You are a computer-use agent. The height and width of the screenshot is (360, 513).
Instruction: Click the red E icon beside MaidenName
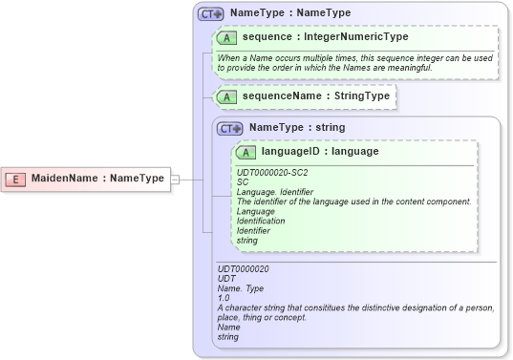[15, 179]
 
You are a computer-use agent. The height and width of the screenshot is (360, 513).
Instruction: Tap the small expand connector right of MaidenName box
[175, 179]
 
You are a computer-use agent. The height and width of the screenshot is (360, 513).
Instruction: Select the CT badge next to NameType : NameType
[210, 14]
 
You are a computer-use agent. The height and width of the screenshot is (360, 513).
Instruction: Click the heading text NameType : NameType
[290, 13]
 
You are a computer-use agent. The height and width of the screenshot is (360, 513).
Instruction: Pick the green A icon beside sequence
[227, 37]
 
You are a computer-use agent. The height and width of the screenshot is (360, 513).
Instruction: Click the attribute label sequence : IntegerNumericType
[325, 37]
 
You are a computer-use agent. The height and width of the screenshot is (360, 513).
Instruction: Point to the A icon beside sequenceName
[227, 96]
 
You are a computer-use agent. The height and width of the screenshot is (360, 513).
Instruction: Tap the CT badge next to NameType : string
[230, 128]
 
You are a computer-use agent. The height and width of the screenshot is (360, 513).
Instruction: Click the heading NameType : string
[296, 127]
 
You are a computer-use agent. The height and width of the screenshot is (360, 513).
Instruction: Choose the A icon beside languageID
[246, 152]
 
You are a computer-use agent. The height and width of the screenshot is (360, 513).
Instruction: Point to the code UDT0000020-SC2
[272, 173]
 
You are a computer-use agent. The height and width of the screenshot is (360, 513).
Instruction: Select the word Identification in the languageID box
[261, 221]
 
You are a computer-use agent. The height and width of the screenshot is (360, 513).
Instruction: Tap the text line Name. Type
[243, 288]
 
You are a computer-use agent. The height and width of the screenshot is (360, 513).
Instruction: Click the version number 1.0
[224, 298]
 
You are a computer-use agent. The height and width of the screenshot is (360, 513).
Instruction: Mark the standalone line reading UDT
[226, 279]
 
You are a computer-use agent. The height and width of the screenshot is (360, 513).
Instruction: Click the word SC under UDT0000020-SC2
[243, 182]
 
